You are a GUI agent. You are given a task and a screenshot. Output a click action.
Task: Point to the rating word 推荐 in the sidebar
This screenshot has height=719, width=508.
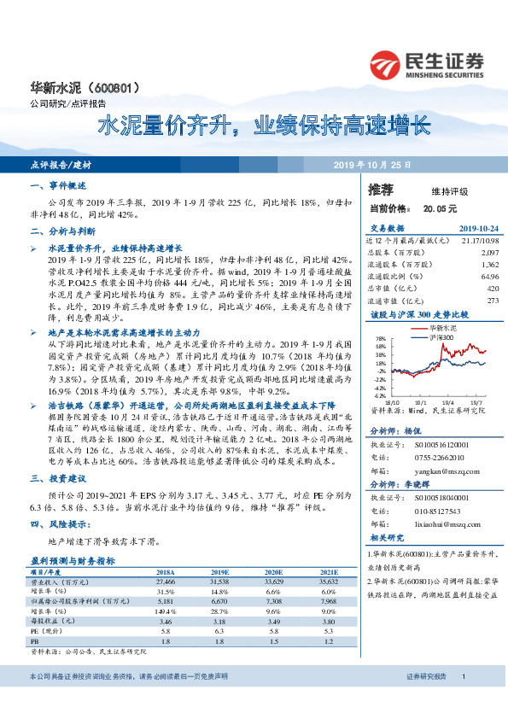[381, 190]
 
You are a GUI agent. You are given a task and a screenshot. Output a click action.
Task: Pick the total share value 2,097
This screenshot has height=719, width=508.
[489, 254]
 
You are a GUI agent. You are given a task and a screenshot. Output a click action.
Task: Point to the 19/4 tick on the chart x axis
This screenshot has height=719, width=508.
[446, 401]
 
